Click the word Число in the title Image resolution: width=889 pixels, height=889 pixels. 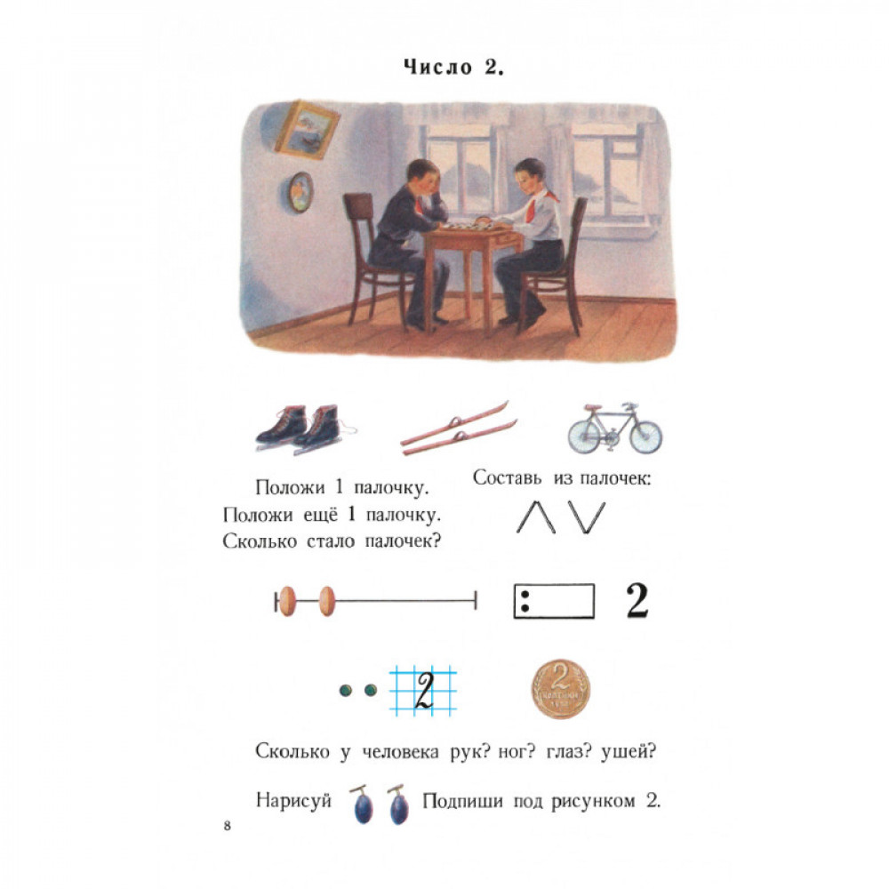pyautogui.click(x=437, y=67)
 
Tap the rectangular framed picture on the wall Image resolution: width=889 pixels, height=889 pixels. pyautogui.click(x=308, y=129)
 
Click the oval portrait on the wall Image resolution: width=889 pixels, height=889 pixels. pyautogui.click(x=299, y=193)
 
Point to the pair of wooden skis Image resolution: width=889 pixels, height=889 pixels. pyautogui.click(x=458, y=428)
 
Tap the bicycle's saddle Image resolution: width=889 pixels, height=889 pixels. pyautogui.click(x=592, y=408)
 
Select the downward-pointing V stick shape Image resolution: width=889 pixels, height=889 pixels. pyautogui.click(x=587, y=517)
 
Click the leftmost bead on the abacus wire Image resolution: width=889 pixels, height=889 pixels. pyautogui.click(x=288, y=601)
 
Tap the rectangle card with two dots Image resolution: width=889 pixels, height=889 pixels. pyautogui.click(x=554, y=601)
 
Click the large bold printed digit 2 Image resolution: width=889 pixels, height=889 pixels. pyautogui.click(x=637, y=600)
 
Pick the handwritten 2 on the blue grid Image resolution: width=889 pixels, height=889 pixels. pyautogui.click(x=424, y=690)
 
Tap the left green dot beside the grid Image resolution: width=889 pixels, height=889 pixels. pyautogui.click(x=345, y=691)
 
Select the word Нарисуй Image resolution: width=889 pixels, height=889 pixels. pyautogui.click(x=293, y=801)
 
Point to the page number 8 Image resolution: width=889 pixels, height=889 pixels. pyautogui.click(x=228, y=826)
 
